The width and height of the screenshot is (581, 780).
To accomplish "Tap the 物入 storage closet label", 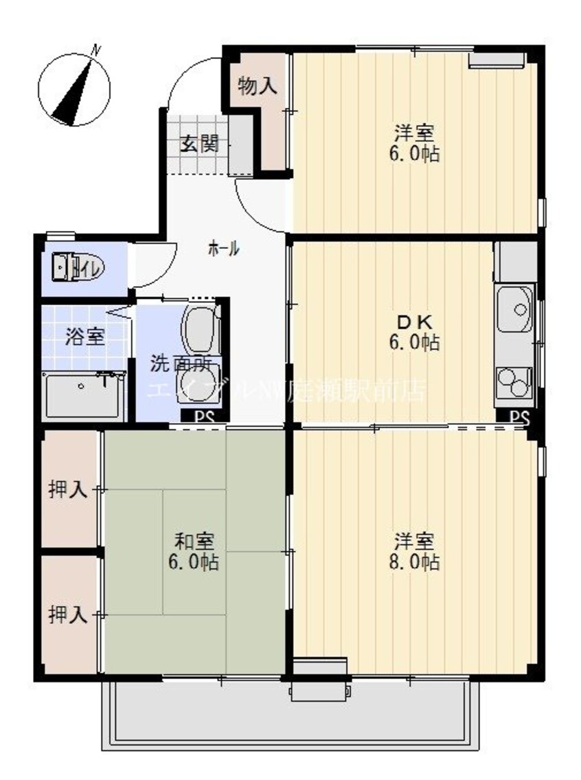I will [258, 86].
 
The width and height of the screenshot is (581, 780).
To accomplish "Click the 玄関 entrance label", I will [199, 144].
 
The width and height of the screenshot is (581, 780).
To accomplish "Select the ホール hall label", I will [224, 249].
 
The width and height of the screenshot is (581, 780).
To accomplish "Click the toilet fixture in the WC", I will [69, 266].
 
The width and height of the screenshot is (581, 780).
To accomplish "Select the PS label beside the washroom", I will [204, 416].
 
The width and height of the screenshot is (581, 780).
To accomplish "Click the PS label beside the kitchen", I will [520, 416].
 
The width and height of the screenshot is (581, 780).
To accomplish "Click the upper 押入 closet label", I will [67, 489].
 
